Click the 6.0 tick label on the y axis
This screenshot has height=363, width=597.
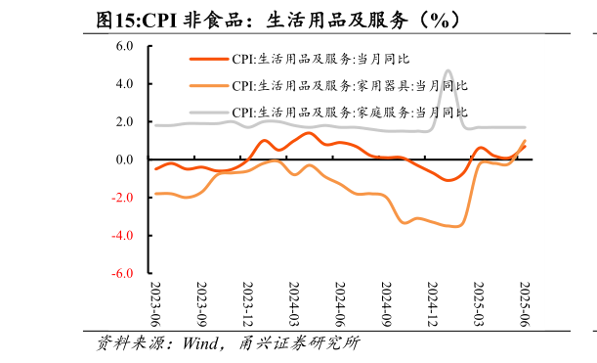(x=124, y=45)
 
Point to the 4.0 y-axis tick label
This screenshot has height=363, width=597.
(x=124, y=83)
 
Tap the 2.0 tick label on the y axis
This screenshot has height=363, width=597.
(x=124, y=121)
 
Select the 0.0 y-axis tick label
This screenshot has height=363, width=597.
(x=124, y=159)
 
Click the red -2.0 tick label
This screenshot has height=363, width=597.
(x=122, y=198)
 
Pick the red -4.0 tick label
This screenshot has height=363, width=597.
(x=122, y=236)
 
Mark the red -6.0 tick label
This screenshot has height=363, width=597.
(x=122, y=274)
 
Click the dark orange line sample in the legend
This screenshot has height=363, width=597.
(x=207, y=59)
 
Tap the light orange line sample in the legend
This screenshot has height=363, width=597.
(x=207, y=85)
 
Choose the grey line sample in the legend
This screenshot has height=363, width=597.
(x=207, y=112)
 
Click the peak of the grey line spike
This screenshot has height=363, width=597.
(x=448, y=70)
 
